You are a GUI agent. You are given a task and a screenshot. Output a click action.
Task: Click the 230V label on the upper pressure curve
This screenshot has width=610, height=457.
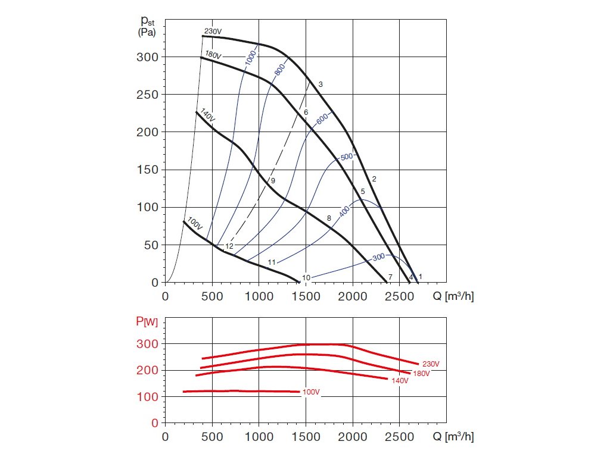[x=213, y=32]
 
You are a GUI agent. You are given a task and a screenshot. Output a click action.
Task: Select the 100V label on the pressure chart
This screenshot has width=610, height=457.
[x=195, y=224]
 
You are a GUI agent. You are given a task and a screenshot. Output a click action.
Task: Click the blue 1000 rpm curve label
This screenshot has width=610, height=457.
[x=250, y=58]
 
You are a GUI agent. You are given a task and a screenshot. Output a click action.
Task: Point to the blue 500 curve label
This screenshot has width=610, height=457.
[x=347, y=157]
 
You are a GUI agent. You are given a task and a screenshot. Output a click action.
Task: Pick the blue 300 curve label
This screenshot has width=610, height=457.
[x=379, y=257]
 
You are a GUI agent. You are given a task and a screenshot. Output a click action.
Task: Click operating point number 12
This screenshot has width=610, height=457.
[x=229, y=246]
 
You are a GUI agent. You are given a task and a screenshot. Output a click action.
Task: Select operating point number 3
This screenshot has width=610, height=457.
[x=320, y=84]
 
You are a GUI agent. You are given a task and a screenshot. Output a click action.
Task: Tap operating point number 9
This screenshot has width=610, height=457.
[x=273, y=180]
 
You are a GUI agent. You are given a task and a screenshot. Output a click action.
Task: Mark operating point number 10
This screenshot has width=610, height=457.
[x=306, y=277]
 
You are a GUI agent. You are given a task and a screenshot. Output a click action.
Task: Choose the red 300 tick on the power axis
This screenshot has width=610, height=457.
[x=150, y=344]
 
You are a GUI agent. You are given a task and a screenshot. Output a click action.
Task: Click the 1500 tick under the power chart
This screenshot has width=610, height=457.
[x=306, y=436]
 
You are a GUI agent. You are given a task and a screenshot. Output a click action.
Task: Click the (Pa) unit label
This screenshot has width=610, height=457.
[x=147, y=33]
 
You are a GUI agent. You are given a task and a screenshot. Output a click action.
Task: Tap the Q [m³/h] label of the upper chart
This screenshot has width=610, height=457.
[x=453, y=296]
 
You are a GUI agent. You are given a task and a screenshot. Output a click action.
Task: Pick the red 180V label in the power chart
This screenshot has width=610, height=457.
[x=421, y=373]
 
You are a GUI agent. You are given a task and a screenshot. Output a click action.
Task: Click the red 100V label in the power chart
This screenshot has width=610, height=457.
[x=312, y=393]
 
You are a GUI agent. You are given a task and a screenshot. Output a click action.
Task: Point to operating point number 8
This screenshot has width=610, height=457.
[x=329, y=219]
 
